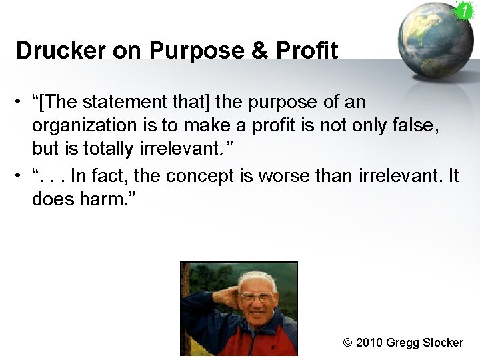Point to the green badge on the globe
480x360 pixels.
point(463,11)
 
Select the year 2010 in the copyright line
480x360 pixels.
point(370,343)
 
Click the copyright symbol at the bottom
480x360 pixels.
point(347,343)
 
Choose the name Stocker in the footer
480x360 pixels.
point(441,343)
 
